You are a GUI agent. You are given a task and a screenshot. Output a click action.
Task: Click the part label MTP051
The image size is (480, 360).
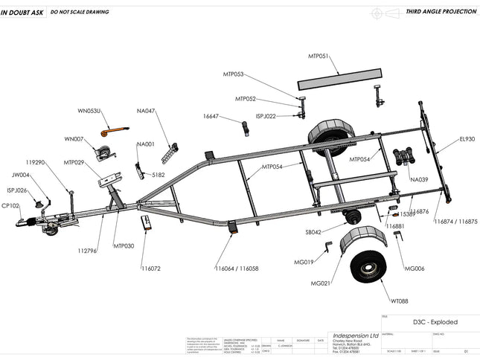tap(319, 56)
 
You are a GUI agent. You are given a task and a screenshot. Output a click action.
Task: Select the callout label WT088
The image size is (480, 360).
tap(400, 300)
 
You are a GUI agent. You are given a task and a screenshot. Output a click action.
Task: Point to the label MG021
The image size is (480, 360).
tap(321, 283)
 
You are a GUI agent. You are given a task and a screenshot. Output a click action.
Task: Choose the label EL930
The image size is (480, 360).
tap(467, 138)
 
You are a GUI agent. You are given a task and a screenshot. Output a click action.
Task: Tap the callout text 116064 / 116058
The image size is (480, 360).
tap(237, 268)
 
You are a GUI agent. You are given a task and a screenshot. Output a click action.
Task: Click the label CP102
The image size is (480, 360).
tap(10, 205)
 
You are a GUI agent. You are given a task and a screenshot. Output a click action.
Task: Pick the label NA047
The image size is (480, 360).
tap(146, 111)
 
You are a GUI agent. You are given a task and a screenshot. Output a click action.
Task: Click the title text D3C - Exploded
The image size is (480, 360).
tap(435, 322)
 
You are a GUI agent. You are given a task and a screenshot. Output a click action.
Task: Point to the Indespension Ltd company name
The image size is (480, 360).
tap(355, 335)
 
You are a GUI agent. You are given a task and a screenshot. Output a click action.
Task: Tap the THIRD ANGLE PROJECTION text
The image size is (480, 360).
tap(439, 13)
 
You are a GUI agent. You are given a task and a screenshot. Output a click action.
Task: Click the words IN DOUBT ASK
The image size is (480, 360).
tap(21, 13)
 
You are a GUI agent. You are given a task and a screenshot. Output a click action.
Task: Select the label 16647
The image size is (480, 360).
tap(211, 116)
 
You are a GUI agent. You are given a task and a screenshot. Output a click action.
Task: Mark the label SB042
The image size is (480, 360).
tap(313, 232)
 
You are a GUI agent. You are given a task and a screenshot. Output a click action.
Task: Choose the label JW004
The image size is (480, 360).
tap(21, 176)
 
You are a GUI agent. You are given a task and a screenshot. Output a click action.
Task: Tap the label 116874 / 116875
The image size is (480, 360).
tap(455, 221)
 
